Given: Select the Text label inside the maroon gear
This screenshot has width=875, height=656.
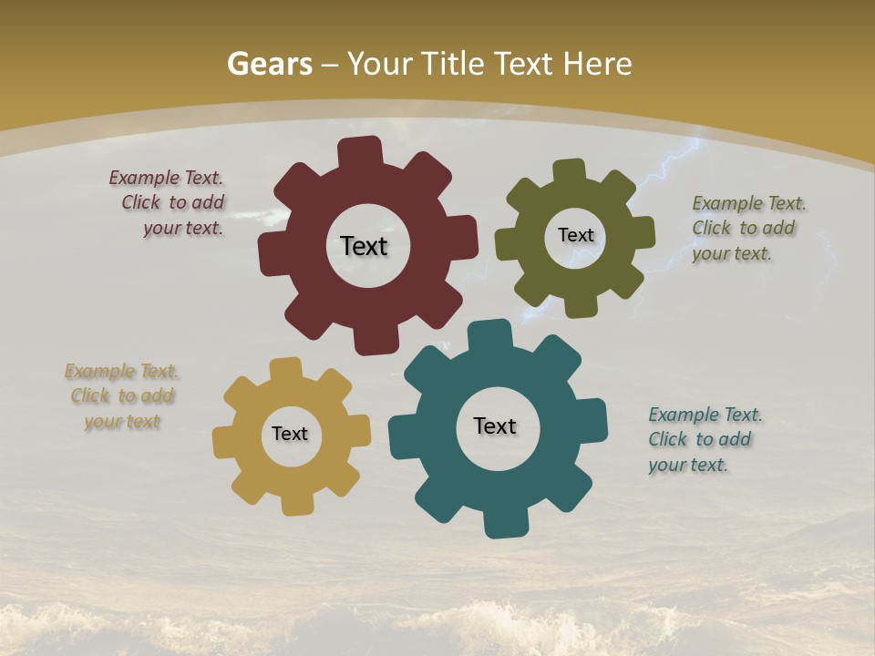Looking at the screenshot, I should [x=364, y=246].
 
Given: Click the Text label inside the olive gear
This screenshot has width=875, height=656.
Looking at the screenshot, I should [x=575, y=235].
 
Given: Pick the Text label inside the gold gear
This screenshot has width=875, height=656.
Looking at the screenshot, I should [x=290, y=434].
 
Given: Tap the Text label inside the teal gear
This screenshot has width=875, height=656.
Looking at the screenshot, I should [x=495, y=425].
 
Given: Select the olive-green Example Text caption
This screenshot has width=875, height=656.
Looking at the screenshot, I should [x=747, y=228].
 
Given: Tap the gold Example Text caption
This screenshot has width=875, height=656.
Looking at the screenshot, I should [x=122, y=396].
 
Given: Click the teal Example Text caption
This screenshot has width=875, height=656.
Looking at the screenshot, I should [x=704, y=439].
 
